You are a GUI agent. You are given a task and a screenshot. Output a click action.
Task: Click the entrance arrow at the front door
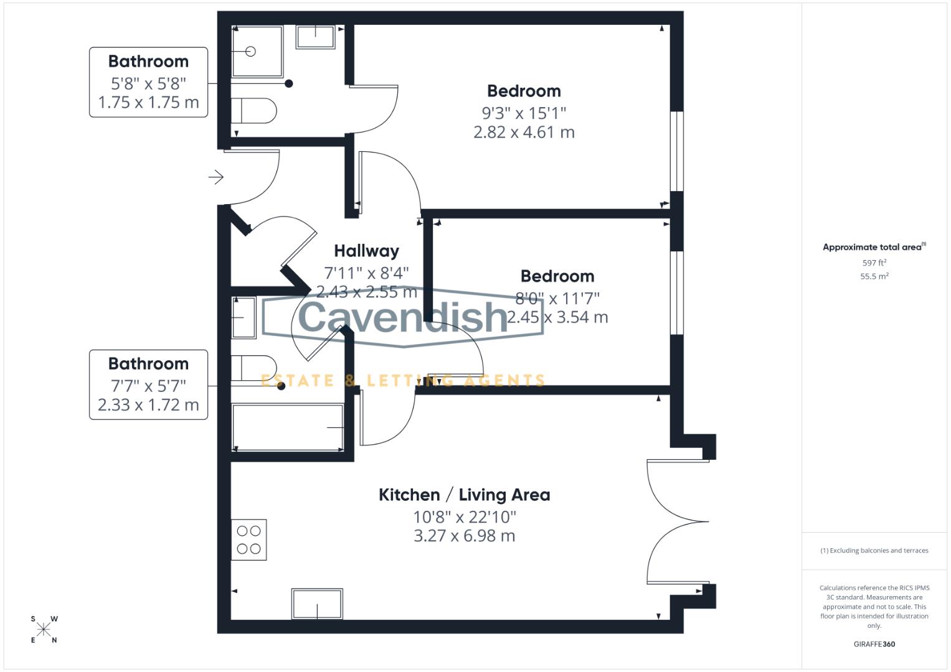pyautogui.click(x=216, y=177)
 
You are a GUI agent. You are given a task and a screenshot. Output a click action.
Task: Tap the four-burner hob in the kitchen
pyautogui.click(x=249, y=539)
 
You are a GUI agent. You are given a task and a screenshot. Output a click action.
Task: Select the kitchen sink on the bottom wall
pyautogui.click(x=317, y=604)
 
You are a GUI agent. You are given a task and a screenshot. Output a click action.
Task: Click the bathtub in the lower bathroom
pyautogui.click(x=288, y=427)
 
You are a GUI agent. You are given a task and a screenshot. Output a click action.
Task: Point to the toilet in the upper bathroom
pyautogui.click(x=255, y=110)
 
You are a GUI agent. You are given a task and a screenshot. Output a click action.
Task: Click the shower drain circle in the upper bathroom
pyautogui.click(x=250, y=52)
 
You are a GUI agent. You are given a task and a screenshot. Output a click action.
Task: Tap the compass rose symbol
pyautogui.click(x=44, y=629)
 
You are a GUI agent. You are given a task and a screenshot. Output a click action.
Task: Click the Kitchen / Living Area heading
pyautogui.click(x=464, y=495)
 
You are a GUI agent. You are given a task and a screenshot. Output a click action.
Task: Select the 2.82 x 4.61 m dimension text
pyautogui.click(x=524, y=132)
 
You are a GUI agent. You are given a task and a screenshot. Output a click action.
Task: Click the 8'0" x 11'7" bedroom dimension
pyautogui.click(x=557, y=298)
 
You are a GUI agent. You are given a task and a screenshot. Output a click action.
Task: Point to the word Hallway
pyautogui.click(x=366, y=251)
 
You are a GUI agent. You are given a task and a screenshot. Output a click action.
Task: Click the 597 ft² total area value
pyautogui.click(x=874, y=263)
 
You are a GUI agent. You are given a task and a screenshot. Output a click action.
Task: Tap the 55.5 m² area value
pyautogui.click(x=874, y=276)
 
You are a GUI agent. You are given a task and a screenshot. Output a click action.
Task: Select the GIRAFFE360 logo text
pyautogui.click(x=874, y=644)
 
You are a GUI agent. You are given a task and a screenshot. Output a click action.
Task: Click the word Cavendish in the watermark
pyautogui.click(x=403, y=316)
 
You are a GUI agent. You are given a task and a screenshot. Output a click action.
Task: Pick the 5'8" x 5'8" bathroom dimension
pyautogui.click(x=148, y=83)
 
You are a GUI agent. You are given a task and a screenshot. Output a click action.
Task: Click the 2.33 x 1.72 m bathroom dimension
pyautogui.click(x=148, y=405)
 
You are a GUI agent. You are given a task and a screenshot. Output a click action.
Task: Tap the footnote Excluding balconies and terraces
pyautogui.click(x=874, y=550)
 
